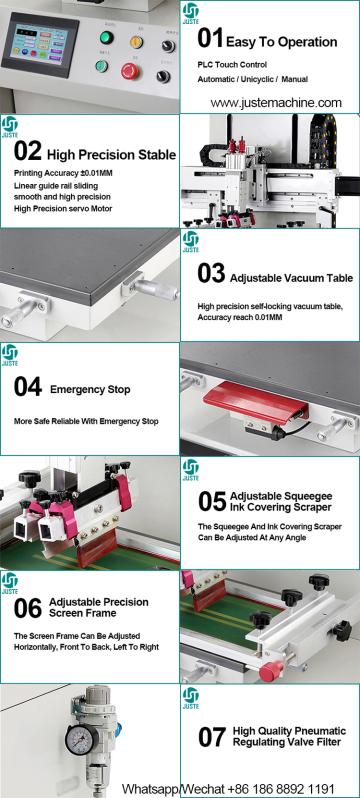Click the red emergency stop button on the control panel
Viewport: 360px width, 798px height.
130,70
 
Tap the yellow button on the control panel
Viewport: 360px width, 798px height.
136,42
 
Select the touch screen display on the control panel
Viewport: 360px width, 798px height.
40,44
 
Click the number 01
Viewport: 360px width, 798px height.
210,39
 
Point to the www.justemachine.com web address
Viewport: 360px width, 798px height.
276,103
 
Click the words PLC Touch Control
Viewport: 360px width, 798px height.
232,65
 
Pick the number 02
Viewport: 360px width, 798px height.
27,152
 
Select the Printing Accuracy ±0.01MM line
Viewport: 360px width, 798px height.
63,174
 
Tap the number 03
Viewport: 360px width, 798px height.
211,274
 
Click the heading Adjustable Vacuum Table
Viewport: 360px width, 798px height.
291,278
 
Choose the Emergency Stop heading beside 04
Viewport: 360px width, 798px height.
90,389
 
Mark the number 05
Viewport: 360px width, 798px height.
212,502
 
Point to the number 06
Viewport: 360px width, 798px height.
27,609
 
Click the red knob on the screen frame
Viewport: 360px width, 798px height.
271,670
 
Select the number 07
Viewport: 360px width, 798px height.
212,737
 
